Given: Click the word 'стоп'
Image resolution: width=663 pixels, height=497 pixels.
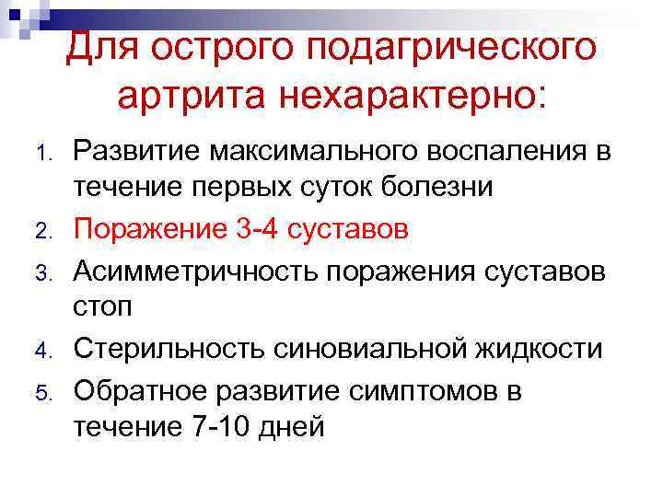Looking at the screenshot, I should point(102,308).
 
